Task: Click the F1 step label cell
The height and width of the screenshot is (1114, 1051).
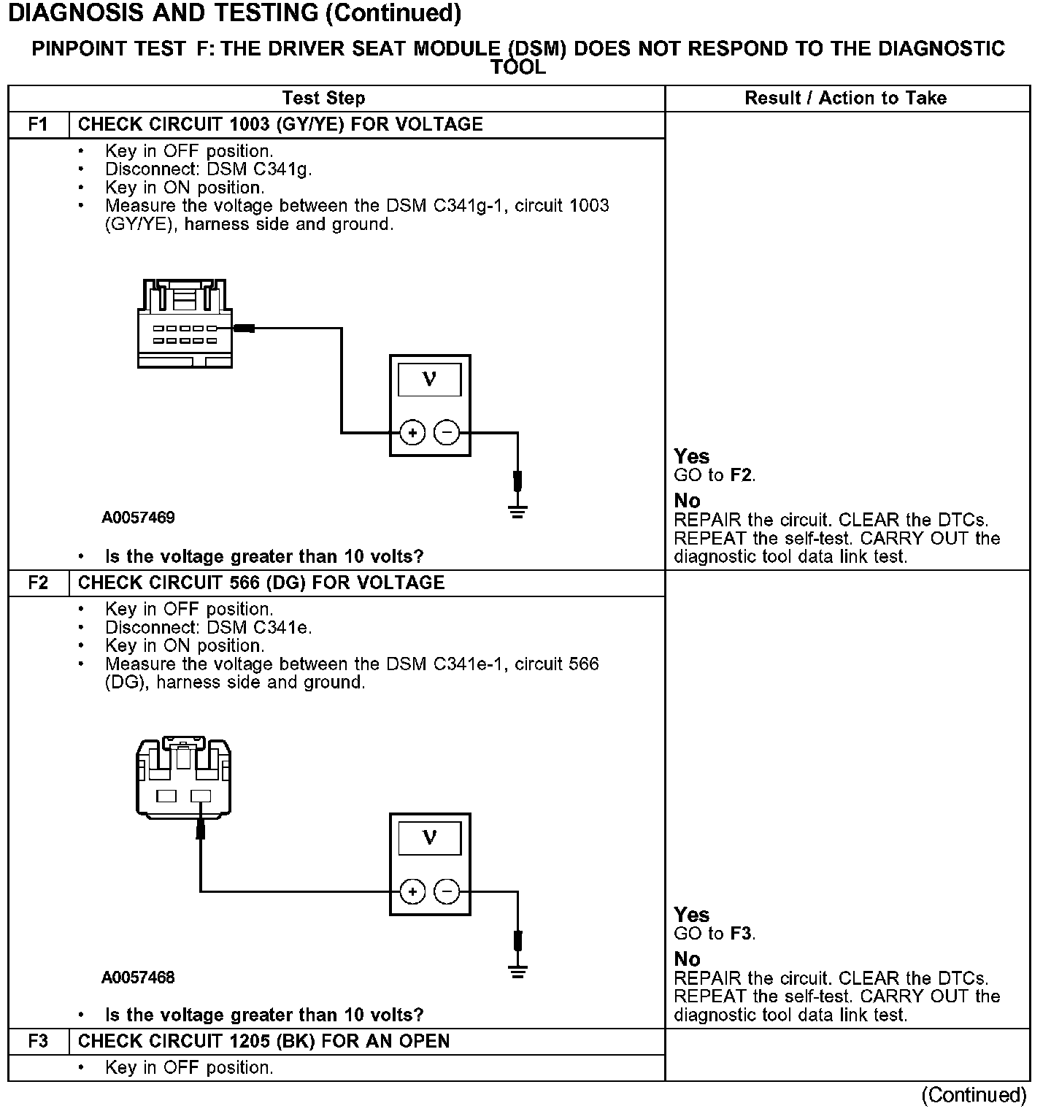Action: pyautogui.click(x=38, y=124)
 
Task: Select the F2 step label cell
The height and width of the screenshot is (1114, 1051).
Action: pyautogui.click(x=38, y=583)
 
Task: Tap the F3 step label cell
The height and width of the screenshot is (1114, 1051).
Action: pyautogui.click(x=38, y=1041)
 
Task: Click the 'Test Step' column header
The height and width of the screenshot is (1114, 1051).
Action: pyautogui.click(x=323, y=98)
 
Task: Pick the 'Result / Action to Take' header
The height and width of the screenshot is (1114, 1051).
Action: pyautogui.click(x=846, y=98)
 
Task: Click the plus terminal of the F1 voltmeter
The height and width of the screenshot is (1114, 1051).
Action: pyautogui.click(x=412, y=433)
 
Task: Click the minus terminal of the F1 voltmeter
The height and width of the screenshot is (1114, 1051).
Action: pyautogui.click(x=447, y=433)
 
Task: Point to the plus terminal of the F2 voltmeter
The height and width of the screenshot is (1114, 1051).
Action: pyautogui.click(x=412, y=891)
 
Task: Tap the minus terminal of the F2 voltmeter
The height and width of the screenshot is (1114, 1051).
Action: pyautogui.click(x=447, y=891)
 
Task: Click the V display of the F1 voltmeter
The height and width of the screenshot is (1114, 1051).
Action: pyautogui.click(x=429, y=380)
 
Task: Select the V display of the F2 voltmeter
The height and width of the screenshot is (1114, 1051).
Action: pyautogui.click(x=429, y=838)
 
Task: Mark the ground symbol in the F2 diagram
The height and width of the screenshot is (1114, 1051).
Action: pyautogui.click(x=517, y=971)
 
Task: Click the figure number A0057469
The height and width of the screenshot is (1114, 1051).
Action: pyautogui.click(x=138, y=518)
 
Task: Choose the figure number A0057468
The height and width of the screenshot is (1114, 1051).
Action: pyautogui.click(x=138, y=977)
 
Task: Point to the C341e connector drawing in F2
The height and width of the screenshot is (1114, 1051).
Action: pyautogui.click(x=184, y=777)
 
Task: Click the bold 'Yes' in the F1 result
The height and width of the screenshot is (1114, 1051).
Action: pyautogui.click(x=691, y=456)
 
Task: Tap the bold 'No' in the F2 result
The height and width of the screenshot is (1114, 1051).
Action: pyautogui.click(x=687, y=959)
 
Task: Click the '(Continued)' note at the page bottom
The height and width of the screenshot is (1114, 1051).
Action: pyautogui.click(x=974, y=1095)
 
